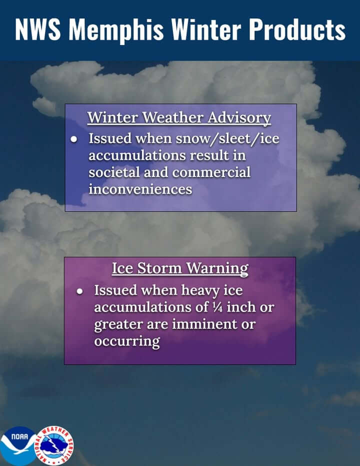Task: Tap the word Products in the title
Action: (x=297, y=30)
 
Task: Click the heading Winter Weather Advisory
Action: (x=179, y=118)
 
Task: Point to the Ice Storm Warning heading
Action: (x=180, y=268)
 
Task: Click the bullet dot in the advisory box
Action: (x=73, y=138)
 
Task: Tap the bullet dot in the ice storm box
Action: (x=79, y=290)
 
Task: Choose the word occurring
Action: (x=127, y=341)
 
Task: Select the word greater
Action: (x=118, y=324)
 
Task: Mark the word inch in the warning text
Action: (x=243, y=307)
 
